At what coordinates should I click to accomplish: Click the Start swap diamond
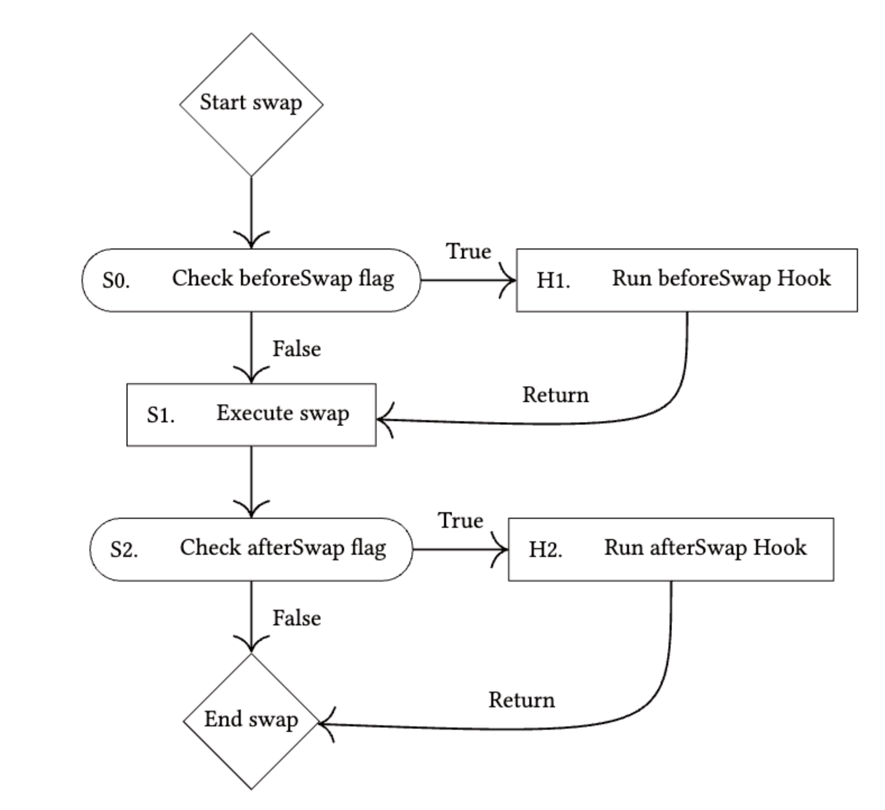(251, 105)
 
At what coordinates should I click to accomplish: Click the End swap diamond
(251, 721)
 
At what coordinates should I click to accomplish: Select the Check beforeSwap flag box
(251, 280)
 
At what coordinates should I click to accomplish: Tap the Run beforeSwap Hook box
(687, 280)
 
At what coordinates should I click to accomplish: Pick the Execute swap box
(251, 415)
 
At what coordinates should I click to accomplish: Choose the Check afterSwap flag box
(251, 549)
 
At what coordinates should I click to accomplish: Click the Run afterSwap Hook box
(671, 549)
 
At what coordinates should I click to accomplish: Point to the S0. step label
(116, 281)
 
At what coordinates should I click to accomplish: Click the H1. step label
(553, 281)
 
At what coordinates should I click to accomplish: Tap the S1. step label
(160, 415)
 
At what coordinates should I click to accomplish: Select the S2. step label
(124, 550)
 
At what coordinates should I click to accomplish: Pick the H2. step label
(545, 550)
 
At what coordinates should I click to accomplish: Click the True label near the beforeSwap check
(469, 251)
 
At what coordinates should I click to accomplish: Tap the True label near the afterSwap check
(461, 520)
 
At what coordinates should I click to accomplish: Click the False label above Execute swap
(297, 349)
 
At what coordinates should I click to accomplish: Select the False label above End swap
(297, 618)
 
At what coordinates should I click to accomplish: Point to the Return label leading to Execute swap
(555, 395)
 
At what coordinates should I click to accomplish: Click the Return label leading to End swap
(522, 700)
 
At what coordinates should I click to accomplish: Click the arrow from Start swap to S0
(251, 213)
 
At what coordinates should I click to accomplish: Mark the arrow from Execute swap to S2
(251, 482)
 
